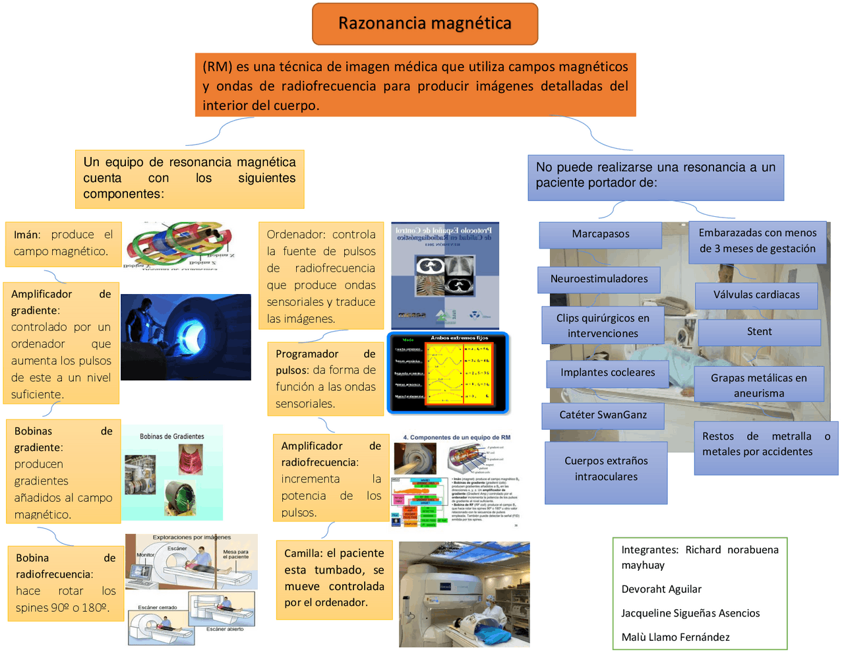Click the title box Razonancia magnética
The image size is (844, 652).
click(x=425, y=24)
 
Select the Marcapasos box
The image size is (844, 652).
click(x=600, y=234)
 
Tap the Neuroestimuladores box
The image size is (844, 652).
click(x=599, y=279)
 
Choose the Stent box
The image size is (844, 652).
click(x=759, y=332)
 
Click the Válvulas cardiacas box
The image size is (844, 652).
click(x=756, y=295)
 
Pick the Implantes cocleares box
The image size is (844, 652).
click(x=607, y=372)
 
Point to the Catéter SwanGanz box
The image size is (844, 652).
click(x=603, y=415)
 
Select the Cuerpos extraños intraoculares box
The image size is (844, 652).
click(x=606, y=469)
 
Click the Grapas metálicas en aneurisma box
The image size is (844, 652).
click(x=758, y=385)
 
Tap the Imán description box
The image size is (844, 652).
click(x=63, y=243)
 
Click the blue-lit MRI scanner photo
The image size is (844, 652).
click(x=185, y=337)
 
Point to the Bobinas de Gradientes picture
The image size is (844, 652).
click(x=172, y=472)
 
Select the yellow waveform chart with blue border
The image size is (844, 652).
click(x=448, y=372)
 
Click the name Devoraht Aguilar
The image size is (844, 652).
click(x=661, y=589)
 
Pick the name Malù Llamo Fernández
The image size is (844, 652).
click(x=675, y=637)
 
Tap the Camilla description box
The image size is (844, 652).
click(x=334, y=578)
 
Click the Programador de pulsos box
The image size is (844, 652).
click(x=325, y=378)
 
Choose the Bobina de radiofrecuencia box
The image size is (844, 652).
click(x=65, y=583)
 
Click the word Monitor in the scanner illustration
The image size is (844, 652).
click(x=145, y=555)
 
